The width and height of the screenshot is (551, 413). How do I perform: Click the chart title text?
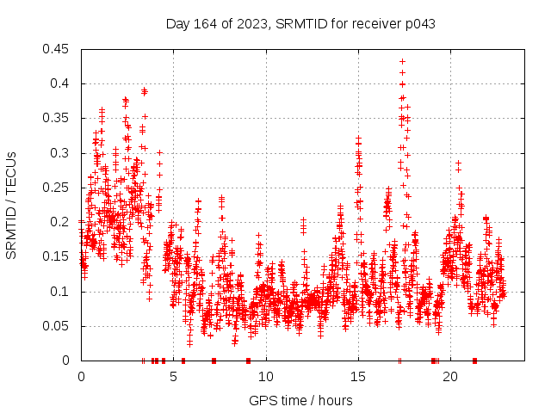point(300,24)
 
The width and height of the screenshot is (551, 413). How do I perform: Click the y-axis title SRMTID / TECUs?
point(11,205)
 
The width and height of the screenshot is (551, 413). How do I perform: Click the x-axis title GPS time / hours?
point(300,400)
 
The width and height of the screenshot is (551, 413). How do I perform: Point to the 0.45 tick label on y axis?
point(58,49)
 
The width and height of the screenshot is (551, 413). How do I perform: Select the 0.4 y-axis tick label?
point(61,83)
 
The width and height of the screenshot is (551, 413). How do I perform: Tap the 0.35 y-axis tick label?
point(58,118)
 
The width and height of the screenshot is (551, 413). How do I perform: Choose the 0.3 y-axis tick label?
point(61,153)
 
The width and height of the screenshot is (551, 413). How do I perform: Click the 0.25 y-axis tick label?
point(58,188)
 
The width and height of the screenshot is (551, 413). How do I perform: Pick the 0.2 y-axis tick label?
point(61,222)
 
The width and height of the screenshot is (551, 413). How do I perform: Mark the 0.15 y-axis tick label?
point(58,256)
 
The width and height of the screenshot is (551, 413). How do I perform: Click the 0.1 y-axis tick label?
point(61,291)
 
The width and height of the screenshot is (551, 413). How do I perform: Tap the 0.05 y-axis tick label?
point(58,325)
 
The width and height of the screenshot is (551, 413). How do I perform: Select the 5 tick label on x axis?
point(173,377)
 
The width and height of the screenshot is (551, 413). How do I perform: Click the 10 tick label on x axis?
point(265,377)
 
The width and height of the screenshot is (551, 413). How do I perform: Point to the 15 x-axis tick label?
point(357,377)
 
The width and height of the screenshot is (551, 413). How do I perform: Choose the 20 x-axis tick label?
point(449,377)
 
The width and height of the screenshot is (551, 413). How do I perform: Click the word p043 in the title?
point(419,24)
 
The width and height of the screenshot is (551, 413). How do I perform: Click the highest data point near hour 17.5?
point(402,61)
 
